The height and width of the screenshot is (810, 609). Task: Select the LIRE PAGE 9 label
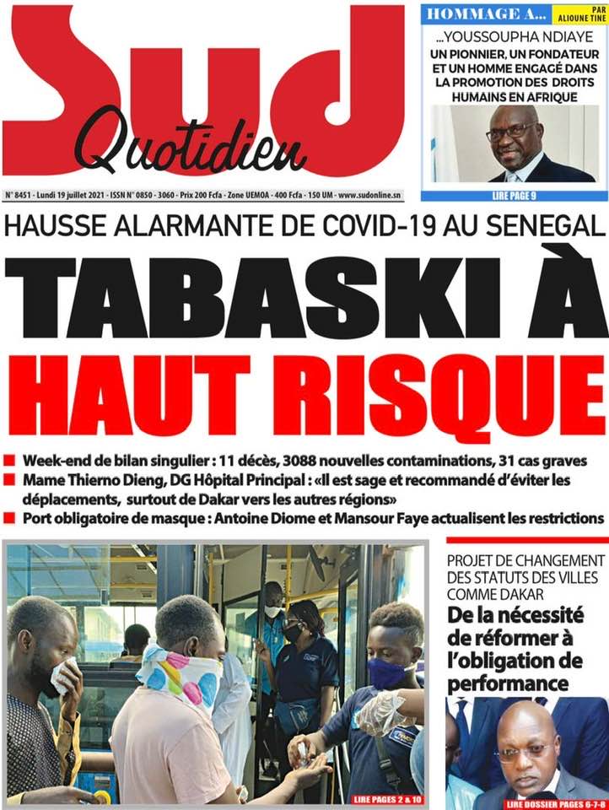click(x=515, y=195)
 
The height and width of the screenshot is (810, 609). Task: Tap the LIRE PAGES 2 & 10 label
click(x=378, y=796)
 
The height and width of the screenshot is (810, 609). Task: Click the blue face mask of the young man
click(x=386, y=672)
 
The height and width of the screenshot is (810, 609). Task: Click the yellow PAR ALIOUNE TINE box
click(x=579, y=15)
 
